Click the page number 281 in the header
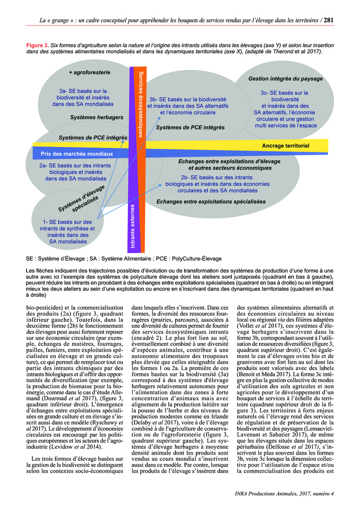coord(328,20)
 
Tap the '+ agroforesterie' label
coord(90,72)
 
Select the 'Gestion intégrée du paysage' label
coord(286,79)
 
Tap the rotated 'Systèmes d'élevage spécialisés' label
coord(82,198)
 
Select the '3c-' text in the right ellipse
coord(265,93)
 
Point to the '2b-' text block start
coord(186,177)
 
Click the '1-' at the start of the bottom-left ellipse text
coord(45,222)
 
